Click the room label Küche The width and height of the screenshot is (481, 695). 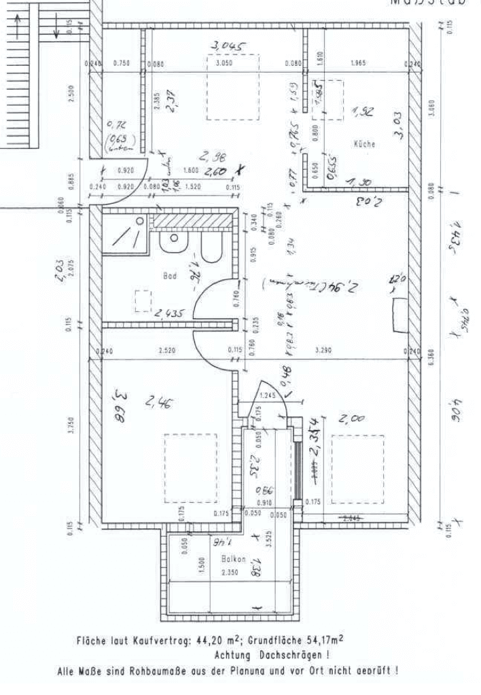point(364,144)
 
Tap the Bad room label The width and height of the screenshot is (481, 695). point(169,276)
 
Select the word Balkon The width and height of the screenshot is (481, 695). point(233,558)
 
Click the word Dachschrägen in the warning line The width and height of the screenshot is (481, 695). point(287,655)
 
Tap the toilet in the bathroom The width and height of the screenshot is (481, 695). point(211,249)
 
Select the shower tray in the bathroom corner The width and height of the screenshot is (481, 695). point(124,234)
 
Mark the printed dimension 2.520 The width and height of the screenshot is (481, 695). point(167,351)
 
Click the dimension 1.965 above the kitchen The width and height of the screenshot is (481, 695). point(358,63)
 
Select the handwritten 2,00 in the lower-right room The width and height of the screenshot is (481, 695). point(351,419)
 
